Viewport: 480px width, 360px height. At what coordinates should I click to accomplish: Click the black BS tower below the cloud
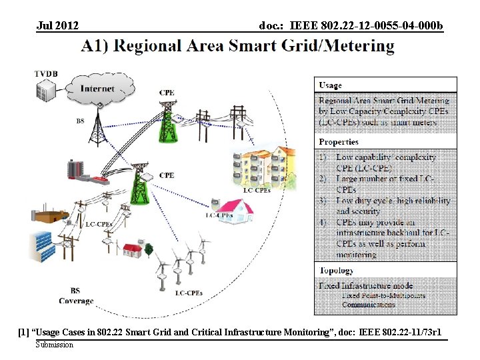pos(99,127)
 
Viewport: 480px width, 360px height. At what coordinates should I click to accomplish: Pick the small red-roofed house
pos(131,251)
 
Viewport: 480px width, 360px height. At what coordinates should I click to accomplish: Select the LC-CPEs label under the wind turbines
pos(189,293)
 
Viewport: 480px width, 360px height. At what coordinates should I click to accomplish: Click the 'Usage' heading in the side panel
pos(330,85)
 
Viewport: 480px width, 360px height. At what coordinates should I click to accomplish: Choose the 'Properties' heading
pos(338,142)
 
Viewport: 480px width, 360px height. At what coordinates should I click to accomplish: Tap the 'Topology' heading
pos(336,271)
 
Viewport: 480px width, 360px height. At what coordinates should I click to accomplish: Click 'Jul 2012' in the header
pos(58,26)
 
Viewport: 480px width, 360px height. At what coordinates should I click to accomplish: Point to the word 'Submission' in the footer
pos(55,345)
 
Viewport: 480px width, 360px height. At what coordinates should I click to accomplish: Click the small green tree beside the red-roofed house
pos(149,249)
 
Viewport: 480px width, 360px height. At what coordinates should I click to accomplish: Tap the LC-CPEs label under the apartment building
pos(257,191)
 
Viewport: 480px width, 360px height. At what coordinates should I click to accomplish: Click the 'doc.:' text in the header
pos(272,26)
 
